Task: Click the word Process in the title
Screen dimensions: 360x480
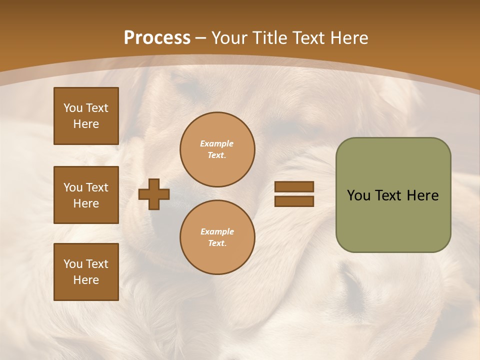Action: (157, 38)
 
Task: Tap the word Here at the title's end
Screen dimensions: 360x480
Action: (349, 38)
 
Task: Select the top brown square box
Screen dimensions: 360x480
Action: (86, 116)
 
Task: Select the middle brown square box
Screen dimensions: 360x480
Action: (86, 195)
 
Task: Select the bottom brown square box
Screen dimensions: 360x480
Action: (86, 271)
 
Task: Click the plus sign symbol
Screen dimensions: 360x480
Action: (154, 194)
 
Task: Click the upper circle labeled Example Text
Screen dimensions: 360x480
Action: (217, 149)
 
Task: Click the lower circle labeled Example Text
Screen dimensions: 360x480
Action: (217, 237)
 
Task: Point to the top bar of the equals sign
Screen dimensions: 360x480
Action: (294, 186)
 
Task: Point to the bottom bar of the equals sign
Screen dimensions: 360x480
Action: (294, 201)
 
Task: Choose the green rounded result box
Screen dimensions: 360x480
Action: (393, 220)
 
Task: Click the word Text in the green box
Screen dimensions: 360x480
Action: (388, 195)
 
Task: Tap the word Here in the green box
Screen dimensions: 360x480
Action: (422, 195)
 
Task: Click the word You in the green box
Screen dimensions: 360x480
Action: (358, 195)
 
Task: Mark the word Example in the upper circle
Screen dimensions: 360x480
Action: (217, 143)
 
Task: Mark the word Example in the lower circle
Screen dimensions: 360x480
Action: (217, 231)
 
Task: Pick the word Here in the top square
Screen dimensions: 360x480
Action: (86, 124)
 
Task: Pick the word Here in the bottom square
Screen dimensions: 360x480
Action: (86, 280)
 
